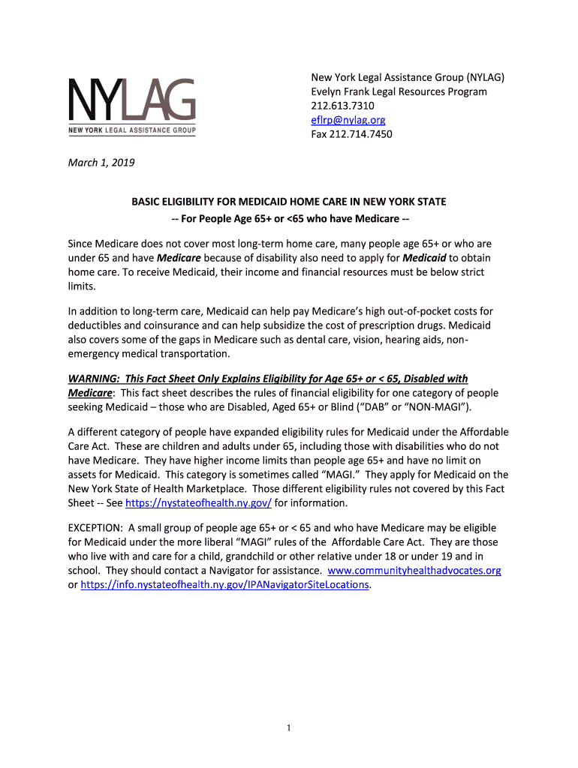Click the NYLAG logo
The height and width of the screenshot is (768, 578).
pos(132,107)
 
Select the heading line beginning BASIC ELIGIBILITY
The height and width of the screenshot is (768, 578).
pos(289,202)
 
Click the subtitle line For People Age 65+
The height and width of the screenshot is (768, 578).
pos(289,218)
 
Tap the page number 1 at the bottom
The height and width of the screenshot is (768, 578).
pos(289,727)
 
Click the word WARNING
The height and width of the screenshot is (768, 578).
pos(94,379)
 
